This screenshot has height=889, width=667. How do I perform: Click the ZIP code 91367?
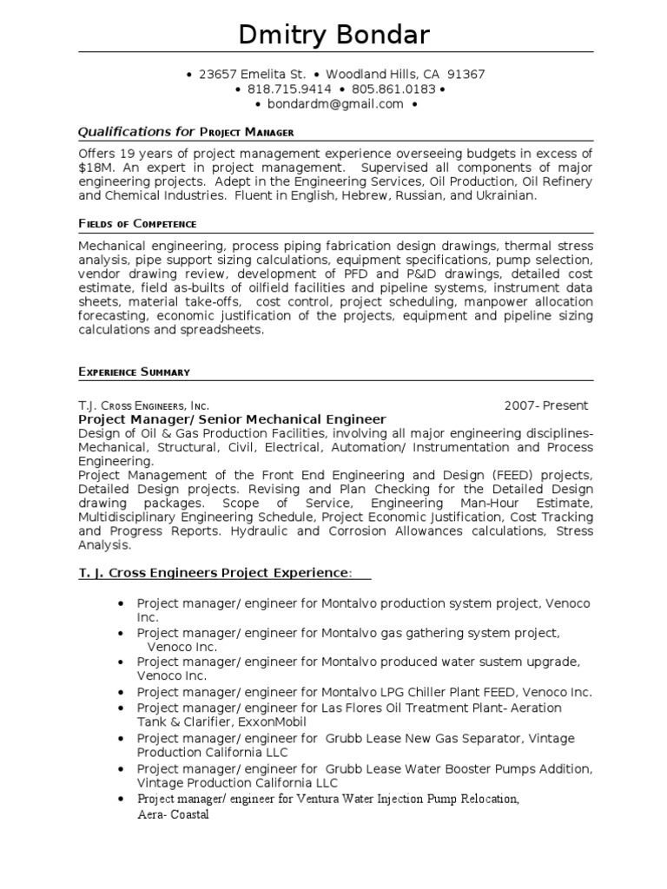tap(466, 75)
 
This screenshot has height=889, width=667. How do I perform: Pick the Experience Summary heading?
tap(134, 372)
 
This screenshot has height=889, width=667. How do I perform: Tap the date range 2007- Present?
tap(546, 405)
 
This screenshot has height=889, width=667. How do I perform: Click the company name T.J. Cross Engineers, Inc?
tap(143, 405)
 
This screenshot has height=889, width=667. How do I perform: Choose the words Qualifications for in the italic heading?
tap(136, 132)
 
